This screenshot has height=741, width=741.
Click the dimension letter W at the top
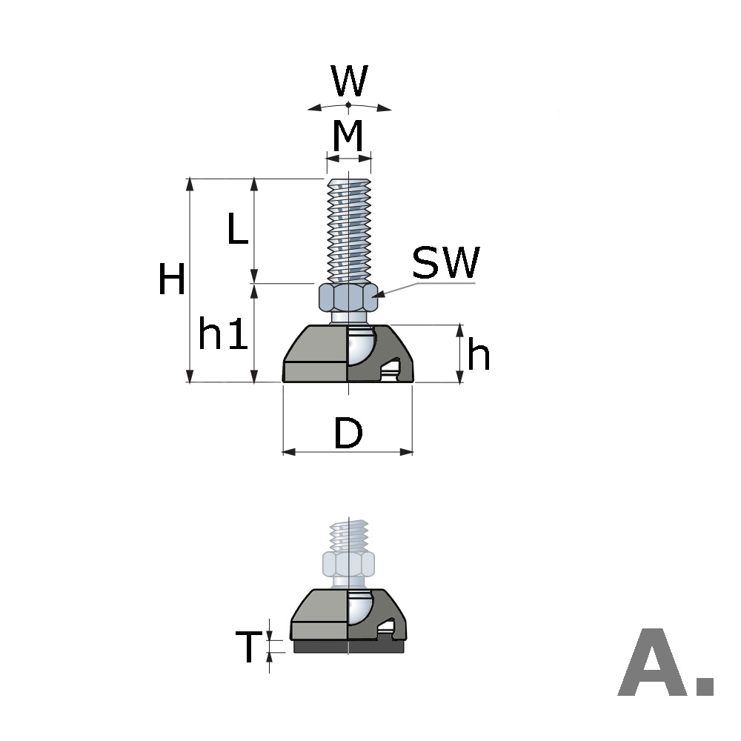click(x=349, y=81)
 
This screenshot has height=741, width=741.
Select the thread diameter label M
click(x=348, y=136)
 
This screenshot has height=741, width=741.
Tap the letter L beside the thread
click(x=236, y=230)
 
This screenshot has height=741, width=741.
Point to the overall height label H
click(x=172, y=282)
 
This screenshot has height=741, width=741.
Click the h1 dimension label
click(x=222, y=336)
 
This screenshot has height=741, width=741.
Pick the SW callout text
click(x=445, y=263)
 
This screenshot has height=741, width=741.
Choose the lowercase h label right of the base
click(x=479, y=356)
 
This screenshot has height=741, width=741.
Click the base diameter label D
click(x=348, y=434)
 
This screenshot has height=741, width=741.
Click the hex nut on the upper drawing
click(x=348, y=297)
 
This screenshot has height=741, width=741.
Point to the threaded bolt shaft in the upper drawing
click(x=348, y=230)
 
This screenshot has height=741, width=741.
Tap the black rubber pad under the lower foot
click(x=348, y=647)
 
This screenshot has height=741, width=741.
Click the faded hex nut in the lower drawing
click(x=348, y=564)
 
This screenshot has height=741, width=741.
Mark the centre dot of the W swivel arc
click(x=348, y=104)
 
